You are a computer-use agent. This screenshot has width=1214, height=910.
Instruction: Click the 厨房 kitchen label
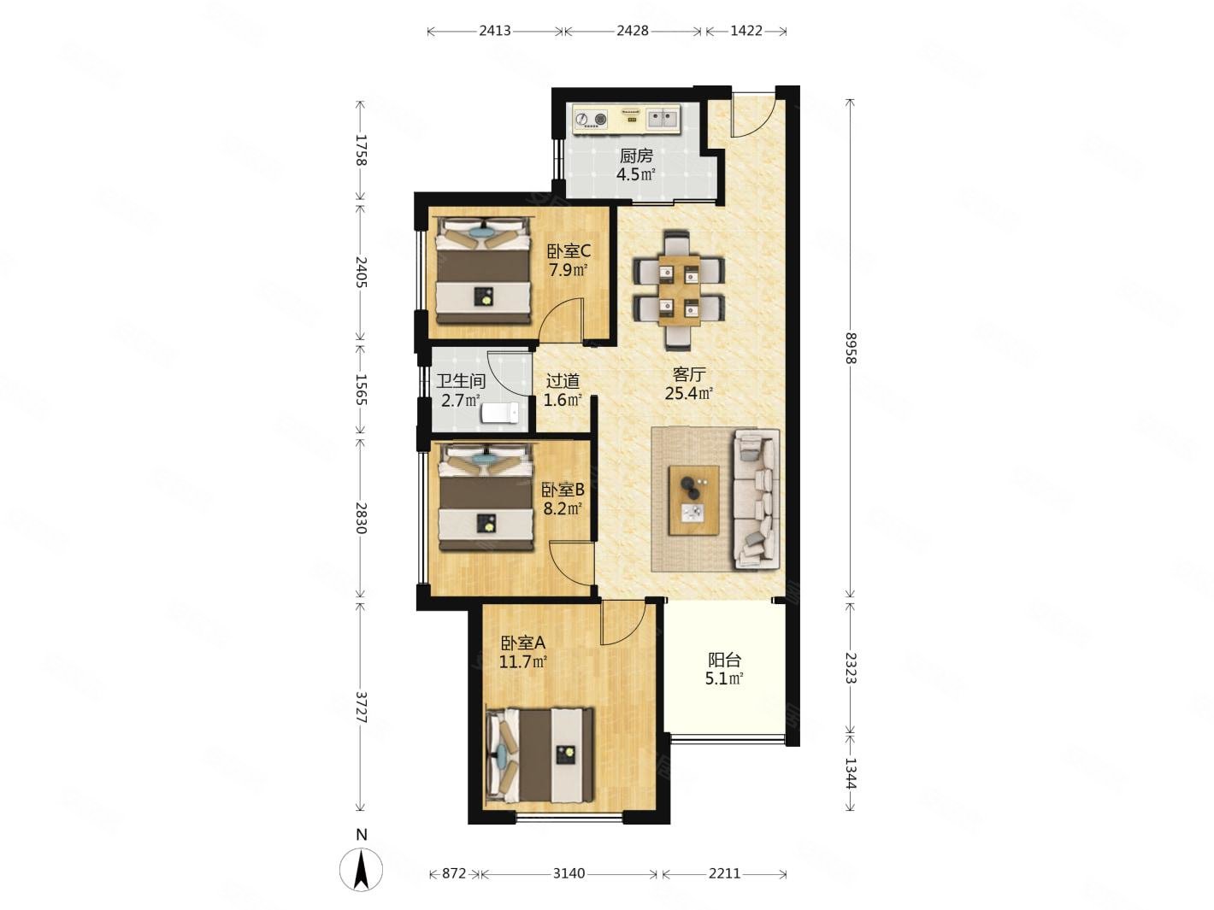pos(635,156)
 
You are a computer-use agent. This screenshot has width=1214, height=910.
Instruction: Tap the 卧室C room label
pos(568,251)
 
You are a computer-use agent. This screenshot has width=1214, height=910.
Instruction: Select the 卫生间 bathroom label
pos(460,381)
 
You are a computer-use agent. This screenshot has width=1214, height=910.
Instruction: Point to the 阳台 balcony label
pos(724,660)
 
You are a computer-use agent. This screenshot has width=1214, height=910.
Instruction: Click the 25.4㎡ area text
pos(688,393)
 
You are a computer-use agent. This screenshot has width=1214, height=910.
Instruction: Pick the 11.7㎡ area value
pos(522,661)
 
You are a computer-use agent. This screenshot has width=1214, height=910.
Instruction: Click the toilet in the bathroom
pos(500,413)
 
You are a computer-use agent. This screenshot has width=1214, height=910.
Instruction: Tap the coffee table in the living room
pos(693,500)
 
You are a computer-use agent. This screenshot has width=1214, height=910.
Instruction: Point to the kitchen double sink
pos(662,119)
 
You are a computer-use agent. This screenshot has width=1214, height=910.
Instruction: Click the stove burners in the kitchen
pos(591,119)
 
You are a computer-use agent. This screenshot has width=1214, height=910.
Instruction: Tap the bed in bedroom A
pos(539,755)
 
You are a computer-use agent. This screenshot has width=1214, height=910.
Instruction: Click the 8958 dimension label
pos(850,348)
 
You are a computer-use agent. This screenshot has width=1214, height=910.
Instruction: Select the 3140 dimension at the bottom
pos(569,873)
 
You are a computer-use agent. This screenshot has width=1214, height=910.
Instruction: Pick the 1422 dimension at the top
pos(746,31)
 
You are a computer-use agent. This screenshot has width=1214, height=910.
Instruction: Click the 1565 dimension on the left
pos(361,390)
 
